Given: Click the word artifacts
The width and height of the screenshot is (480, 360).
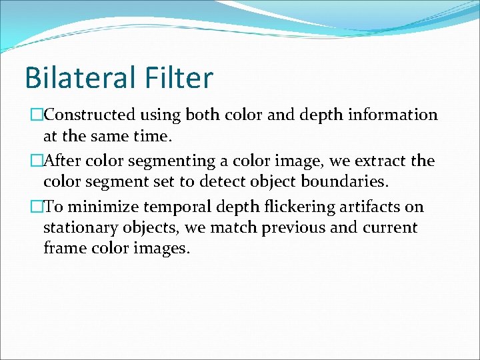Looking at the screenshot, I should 369,207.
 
